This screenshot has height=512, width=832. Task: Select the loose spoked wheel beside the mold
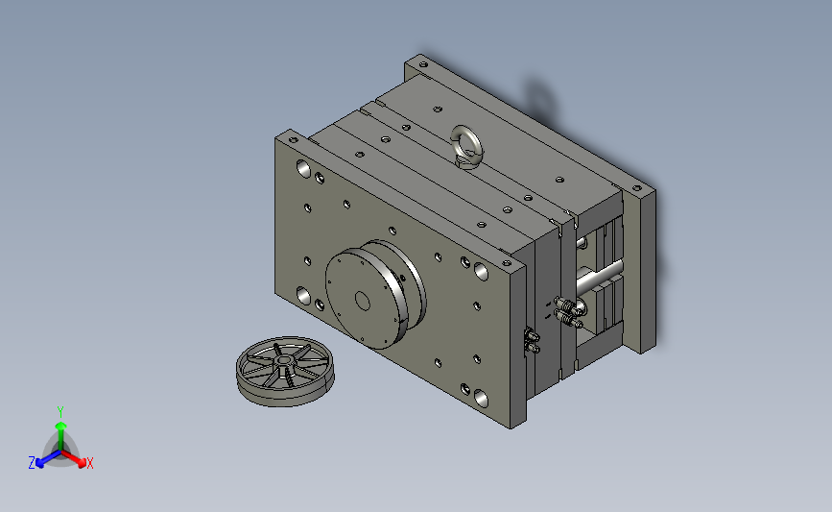tap(285, 371)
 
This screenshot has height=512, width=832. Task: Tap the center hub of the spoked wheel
tap(284, 361)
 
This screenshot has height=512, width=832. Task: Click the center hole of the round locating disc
tap(363, 301)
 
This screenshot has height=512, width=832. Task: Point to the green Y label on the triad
tap(60, 412)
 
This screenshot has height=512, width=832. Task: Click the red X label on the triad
tap(89, 463)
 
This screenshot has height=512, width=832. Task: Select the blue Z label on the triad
tap(32, 463)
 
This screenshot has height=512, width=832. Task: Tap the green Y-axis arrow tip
tap(60, 426)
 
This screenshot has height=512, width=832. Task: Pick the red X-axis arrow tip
tap(82, 463)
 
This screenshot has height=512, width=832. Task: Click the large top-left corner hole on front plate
tap(303, 168)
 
